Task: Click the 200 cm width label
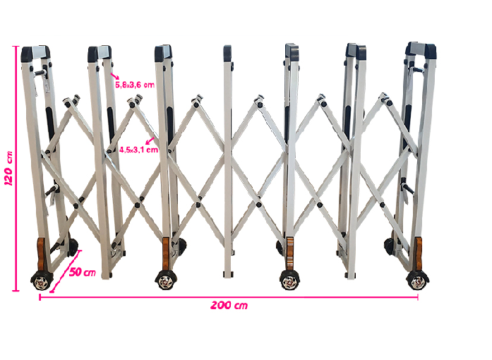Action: coord(229,305)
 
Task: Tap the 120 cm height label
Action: coord(8,168)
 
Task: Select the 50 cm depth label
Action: coord(82,272)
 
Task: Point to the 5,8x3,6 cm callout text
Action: coord(135,85)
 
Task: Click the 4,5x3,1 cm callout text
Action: coord(138,150)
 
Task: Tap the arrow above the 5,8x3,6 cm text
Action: coord(115,76)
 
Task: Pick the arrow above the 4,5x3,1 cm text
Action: coord(150,140)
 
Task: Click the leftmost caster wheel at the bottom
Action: coord(42,281)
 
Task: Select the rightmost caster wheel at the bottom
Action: coord(418,280)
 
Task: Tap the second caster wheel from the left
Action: coord(166,280)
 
